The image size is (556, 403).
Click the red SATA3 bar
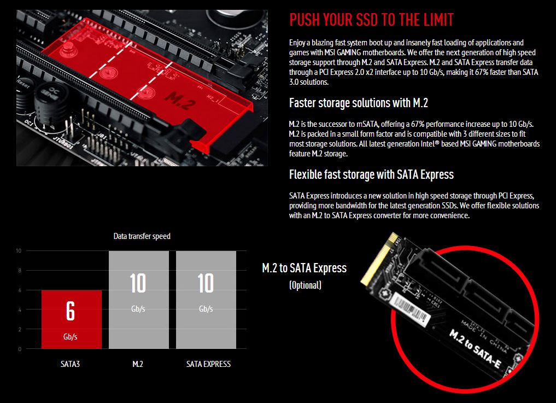tap(71, 319)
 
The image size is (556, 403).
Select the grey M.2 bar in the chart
tap(139, 300)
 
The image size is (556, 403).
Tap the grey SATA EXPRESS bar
tap(206, 300)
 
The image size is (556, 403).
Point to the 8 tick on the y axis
tap(20, 270)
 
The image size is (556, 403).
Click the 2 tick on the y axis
tap(20, 329)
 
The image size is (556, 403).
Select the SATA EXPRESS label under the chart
tap(208, 364)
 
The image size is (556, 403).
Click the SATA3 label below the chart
tap(70, 364)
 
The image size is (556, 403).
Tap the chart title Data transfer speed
tap(142, 236)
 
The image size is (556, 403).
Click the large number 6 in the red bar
tap(71, 311)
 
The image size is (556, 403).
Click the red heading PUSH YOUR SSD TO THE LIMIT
tap(371, 20)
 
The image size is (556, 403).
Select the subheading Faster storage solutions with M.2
tap(359, 103)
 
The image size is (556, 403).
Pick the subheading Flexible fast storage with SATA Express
tap(371, 174)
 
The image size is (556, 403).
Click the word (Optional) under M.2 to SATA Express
tap(305, 285)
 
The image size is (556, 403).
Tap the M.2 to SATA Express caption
tap(304, 268)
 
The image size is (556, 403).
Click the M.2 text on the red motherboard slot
tap(180, 101)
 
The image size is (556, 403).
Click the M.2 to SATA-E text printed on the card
tap(475, 348)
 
